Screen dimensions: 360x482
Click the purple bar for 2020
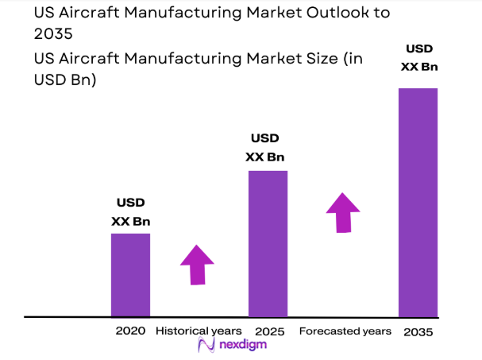pyautogui.click(x=130, y=275)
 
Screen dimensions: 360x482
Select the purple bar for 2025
pyautogui.click(x=268, y=243)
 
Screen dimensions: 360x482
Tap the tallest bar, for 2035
pyautogui.click(x=418, y=202)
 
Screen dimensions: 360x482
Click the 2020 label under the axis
pyautogui.click(x=130, y=331)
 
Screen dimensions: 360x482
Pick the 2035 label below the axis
pyautogui.click(x=418, y=331)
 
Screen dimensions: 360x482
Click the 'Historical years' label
pyautogui.click(x=199, y=331)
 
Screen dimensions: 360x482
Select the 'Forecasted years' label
pyautogui.click(x=345, y=331)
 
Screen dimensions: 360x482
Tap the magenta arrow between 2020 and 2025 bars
pyautogui.click(x=196, y=265)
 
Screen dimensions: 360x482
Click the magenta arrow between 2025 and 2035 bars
pyautogui.click(x=343, y=212)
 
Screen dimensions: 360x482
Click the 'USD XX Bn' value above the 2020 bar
pyautogui.click(x=130, y=212)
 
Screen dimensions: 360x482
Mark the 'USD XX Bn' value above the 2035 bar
pyautogui.click(x=419, y=58)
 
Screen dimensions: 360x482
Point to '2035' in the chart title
pyautogui.click(x=52, y=34)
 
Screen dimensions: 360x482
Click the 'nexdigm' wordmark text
pyautogui.click(x=242, y=346)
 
